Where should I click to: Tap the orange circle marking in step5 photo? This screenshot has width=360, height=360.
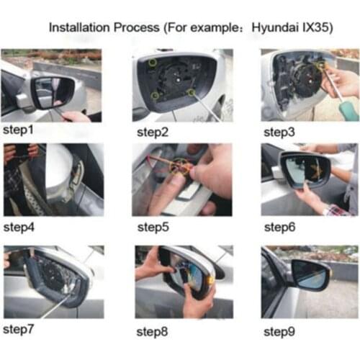tap(178, 167)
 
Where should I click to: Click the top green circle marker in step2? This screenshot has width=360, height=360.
tap(153, 64)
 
